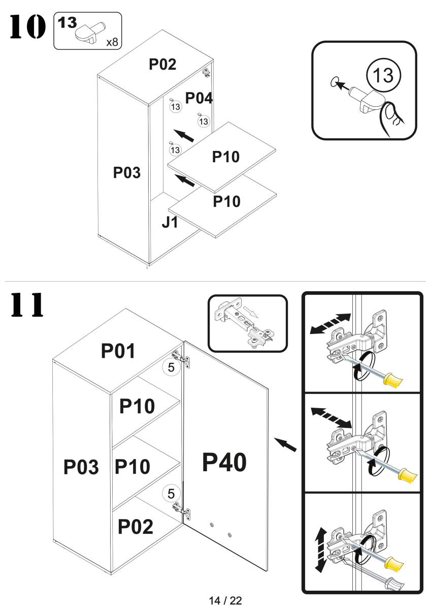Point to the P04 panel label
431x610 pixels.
(198, 98)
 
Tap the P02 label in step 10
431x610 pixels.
(162, 65)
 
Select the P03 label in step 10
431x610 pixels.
(127, 173)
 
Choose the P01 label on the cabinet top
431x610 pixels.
(118, 351)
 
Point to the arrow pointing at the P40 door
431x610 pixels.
(287, 444)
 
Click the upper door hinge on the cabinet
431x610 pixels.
(183, 358)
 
